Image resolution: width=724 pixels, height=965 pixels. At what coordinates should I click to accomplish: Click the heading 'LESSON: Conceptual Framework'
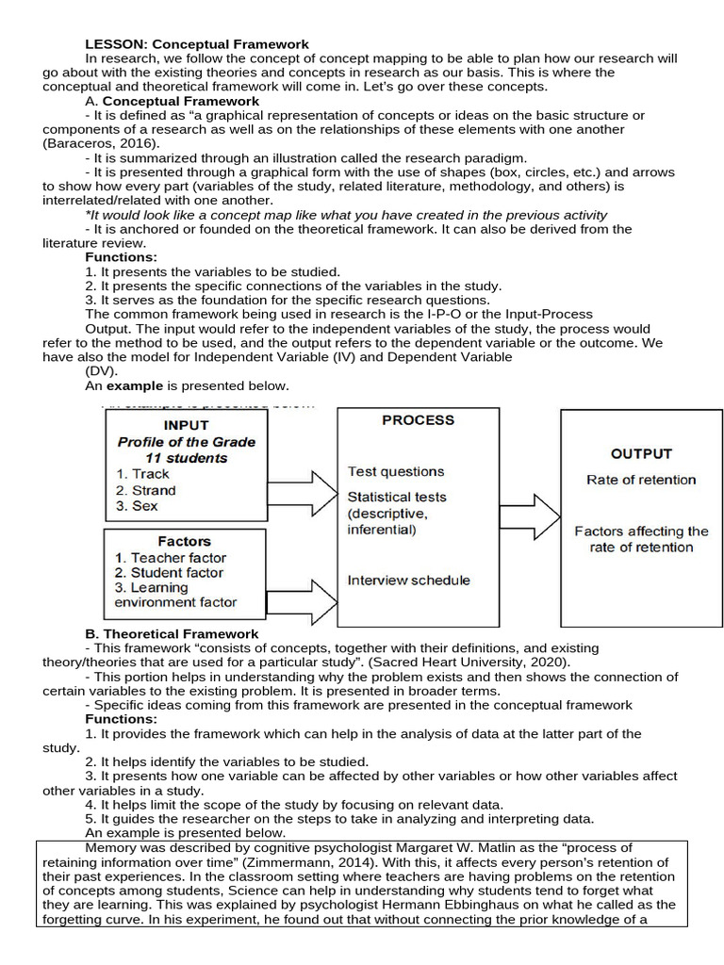197,44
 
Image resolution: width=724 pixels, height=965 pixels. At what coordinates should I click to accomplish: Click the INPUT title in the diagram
187,425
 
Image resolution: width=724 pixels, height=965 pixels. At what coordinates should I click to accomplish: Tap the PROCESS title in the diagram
418,420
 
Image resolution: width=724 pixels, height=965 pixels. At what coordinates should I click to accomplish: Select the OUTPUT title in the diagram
641,454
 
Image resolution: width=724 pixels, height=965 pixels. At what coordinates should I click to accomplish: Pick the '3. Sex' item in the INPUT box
137,506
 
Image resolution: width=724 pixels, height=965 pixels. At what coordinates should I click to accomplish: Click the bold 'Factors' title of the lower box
185,541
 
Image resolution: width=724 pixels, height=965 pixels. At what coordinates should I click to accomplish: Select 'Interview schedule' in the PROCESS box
408,580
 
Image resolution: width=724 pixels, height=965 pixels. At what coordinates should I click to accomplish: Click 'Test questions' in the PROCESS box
396,471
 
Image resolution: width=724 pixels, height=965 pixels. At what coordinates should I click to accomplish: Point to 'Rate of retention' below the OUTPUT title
641,480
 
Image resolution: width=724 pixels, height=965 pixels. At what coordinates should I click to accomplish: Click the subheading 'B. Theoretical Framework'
172,634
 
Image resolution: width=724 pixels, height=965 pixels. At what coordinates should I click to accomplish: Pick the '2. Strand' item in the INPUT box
146,490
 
